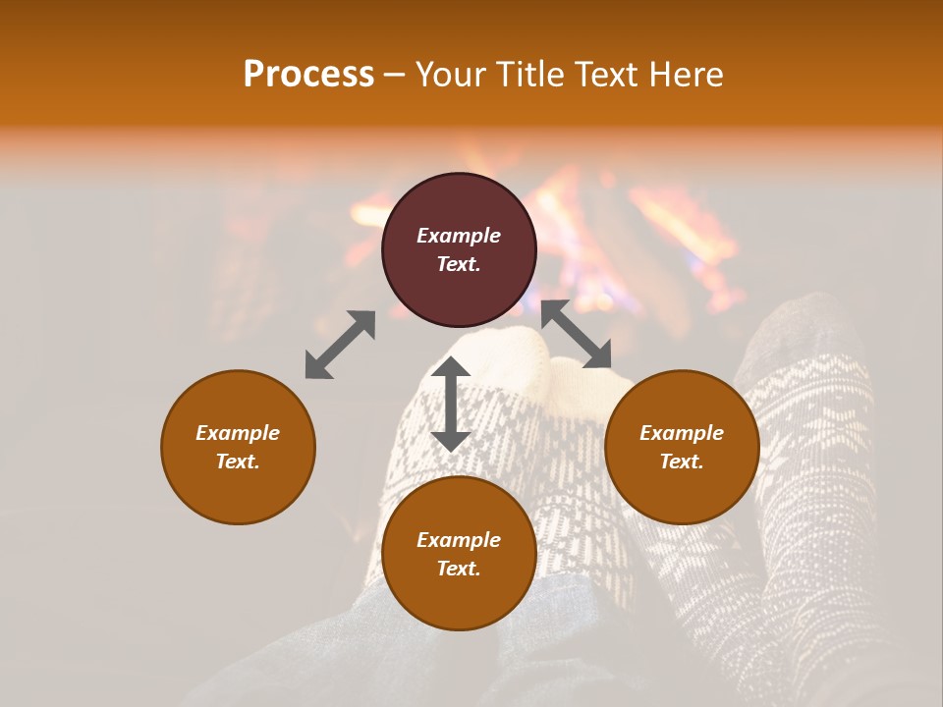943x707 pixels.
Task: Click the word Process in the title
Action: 308,75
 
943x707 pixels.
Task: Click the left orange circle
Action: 238,447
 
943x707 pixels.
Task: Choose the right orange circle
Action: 682,447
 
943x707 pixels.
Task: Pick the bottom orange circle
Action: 459,554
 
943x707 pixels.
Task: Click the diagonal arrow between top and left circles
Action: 340,345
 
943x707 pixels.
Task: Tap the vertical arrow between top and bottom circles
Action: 451,404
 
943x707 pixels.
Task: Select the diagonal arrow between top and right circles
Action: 576,334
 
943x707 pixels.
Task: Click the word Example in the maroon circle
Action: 459,236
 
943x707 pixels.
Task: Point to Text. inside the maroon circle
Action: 459,264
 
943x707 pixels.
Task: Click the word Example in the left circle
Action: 238,433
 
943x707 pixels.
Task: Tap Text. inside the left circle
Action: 238,462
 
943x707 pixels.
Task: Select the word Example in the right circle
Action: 682,433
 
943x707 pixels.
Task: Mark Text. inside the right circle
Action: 682,462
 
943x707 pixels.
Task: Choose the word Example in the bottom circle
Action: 459,540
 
